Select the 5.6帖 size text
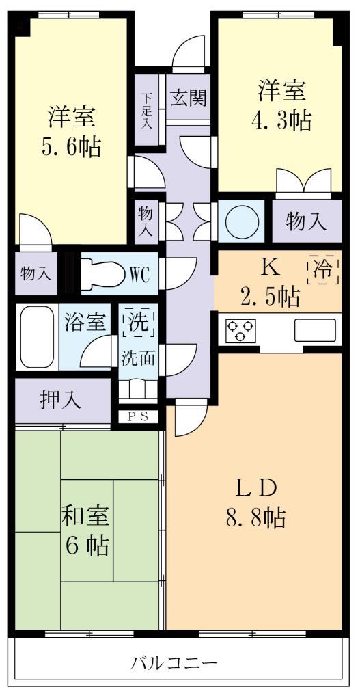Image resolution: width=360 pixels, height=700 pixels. [71, 146]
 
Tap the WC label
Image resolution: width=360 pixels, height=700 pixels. [144, 274]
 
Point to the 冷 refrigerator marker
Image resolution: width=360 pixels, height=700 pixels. [324, 269]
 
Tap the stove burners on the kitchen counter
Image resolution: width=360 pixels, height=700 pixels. [240, 330]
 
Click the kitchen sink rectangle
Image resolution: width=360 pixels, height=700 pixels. [315, 330]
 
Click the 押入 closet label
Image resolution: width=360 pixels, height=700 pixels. [61, 401]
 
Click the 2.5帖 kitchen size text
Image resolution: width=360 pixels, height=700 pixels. [269, 297]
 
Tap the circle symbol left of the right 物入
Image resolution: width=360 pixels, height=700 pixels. [242, 221]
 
